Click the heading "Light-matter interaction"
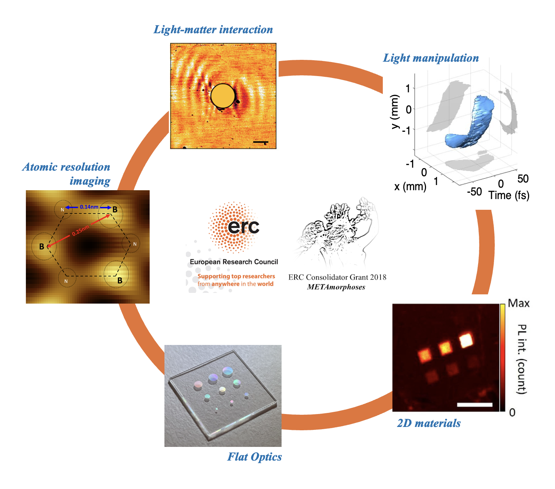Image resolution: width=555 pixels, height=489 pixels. point(213,30)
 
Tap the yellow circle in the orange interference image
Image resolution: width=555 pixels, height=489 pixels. point(222,96)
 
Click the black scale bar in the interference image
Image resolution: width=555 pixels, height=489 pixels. point(261,142)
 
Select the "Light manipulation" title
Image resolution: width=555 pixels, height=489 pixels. point(431,58)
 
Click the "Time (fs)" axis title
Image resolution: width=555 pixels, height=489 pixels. point(509,195)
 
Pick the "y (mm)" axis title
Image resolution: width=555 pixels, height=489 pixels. point(395,112)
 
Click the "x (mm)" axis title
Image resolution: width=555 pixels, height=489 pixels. point(410,187)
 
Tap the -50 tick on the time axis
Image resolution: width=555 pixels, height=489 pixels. point(474,192)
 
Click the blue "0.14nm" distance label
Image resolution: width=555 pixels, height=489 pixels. point(89,207)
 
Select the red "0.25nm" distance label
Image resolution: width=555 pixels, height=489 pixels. point(81,231)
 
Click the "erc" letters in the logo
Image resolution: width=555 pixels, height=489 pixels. point(243,226)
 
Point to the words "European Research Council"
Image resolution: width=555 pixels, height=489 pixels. point(234,262)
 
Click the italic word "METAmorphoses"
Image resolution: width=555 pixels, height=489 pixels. point(336,287)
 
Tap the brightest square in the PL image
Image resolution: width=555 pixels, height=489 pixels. point(466,340)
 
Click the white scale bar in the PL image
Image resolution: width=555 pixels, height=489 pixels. point(474,405)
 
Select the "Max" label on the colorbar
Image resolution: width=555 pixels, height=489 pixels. point(518,304)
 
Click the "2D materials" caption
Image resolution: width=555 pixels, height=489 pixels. point(429,423)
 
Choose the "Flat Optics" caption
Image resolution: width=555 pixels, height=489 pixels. point(254,457)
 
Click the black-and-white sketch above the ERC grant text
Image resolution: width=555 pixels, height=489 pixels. point(337,233)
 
